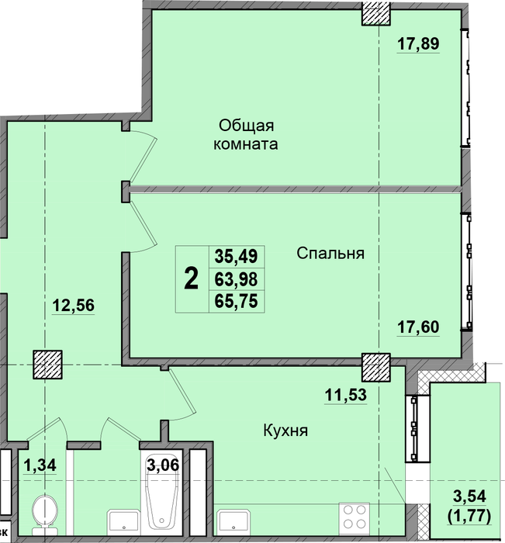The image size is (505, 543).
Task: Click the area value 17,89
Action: tap(418, 44)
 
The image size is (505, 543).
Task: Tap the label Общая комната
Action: tap(246, 135)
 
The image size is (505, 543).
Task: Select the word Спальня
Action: tap(330, 254)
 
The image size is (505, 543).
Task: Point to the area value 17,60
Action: tap(418, 327)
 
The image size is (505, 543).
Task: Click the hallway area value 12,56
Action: tap(74, 306)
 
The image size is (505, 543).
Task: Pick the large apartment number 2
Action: tap(191, 278)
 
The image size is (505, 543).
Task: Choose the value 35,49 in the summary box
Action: tap(237, 256)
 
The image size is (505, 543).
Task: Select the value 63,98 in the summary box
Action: tap(237, 278)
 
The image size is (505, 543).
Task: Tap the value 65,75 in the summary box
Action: tap(237, 301)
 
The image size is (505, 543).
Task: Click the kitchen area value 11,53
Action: tap(346, 394)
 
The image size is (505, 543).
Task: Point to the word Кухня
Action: tap(285, 431)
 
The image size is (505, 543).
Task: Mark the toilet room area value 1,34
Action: tap(40, 465)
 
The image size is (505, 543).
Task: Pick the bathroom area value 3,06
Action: tap(163, 465)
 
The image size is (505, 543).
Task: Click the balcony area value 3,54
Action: tap(469, 496)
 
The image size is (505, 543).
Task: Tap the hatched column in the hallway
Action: tap(48, 365)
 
